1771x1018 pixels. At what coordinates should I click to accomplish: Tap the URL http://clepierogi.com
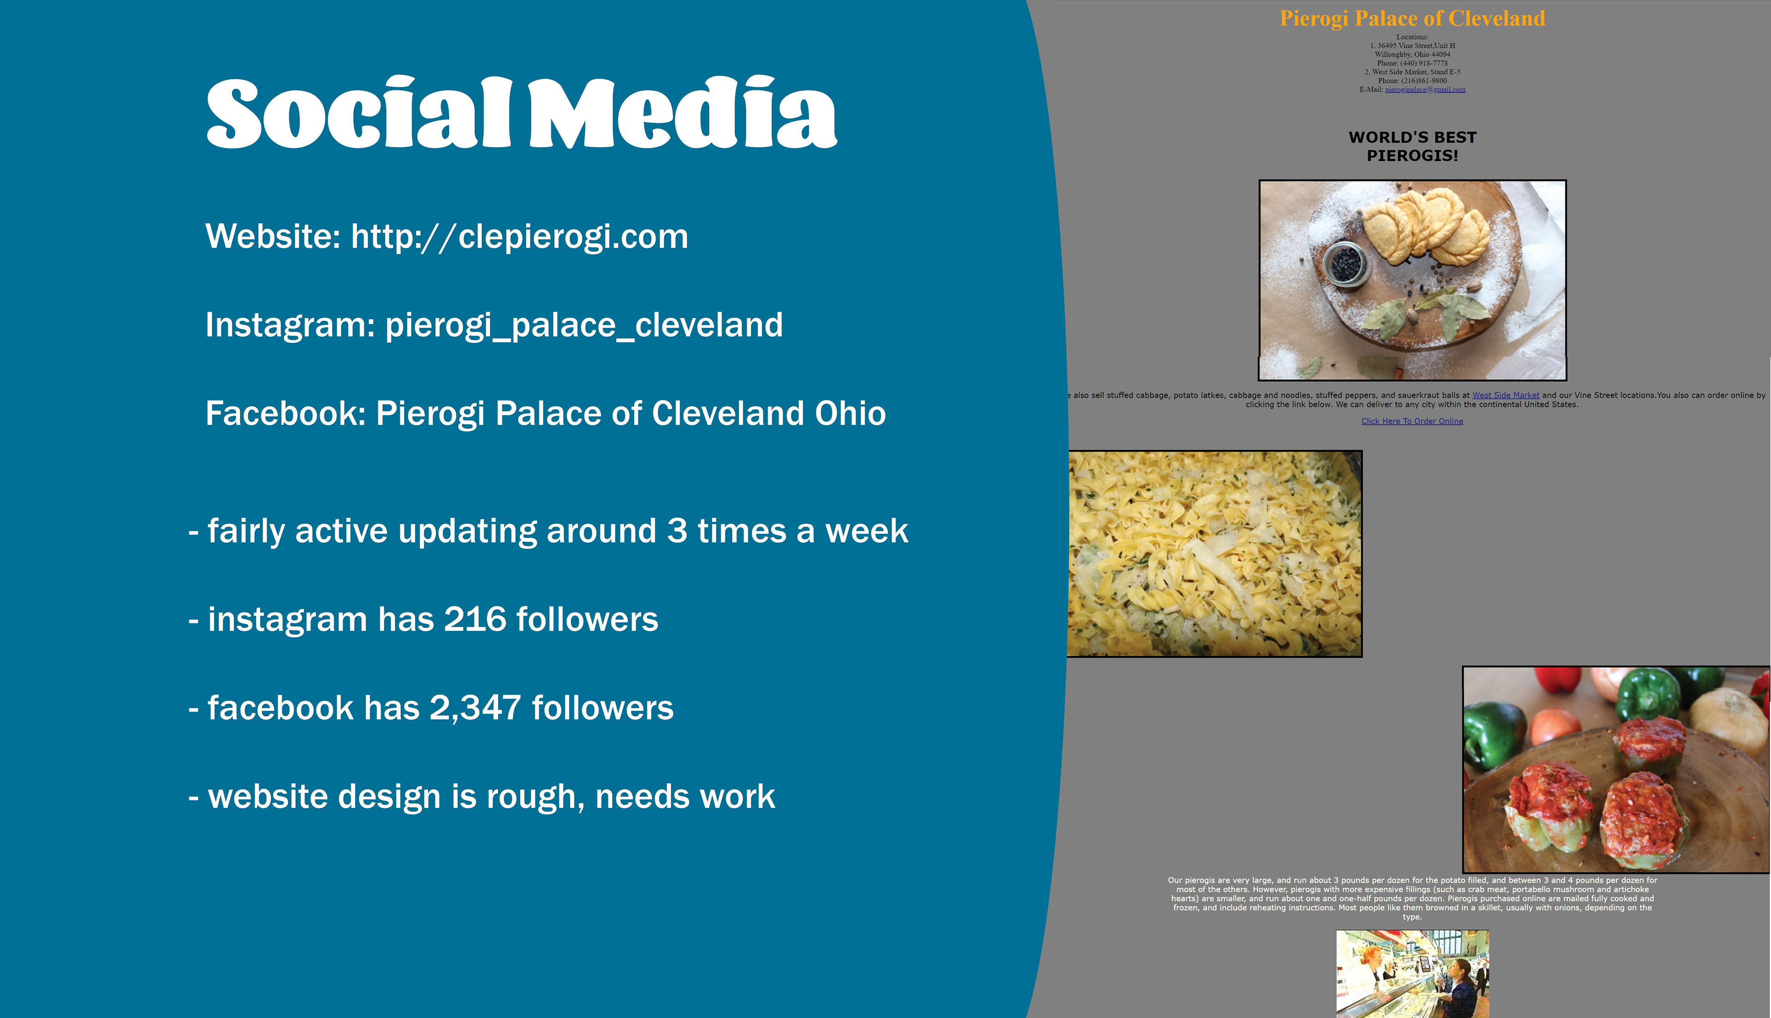[519, 237]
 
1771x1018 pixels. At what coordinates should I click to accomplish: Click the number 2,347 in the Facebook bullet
[475, 708]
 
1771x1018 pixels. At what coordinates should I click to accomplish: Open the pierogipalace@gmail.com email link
[1425, 89]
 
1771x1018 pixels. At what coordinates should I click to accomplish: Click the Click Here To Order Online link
[1412, 421]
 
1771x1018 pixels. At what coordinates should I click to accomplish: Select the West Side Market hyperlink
[1505, 395]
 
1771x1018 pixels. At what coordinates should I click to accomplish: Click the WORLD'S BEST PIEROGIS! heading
[1412, 146]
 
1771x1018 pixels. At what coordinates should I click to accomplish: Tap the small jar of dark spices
[1345, 264]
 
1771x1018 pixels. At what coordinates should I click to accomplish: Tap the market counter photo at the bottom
[1412, 973]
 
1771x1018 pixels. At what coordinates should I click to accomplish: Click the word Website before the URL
[273, 237]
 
